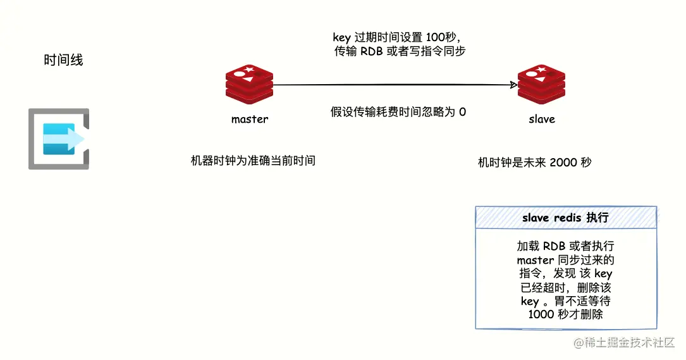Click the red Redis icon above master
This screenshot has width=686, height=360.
tap(249, 85)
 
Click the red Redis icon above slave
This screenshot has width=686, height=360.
tap(541, 85)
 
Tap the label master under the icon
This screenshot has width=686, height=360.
tap(249, 119)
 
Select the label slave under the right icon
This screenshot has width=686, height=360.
tap(541, 119)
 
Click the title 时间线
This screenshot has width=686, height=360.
tap(63, 61)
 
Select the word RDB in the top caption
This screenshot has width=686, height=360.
tap(371, 52)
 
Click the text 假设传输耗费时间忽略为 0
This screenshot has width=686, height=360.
tap(398, 113)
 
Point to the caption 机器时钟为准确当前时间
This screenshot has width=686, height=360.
tap(253, 161)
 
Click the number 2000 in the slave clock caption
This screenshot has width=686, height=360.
tap(563, 163)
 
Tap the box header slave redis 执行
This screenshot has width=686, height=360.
tap(565, 218)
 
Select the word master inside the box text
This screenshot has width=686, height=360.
tap(534, 260)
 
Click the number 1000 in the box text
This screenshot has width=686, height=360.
tap(541, 314)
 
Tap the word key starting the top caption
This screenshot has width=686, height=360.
tap(341, 37)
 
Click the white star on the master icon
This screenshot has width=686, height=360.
tap(249, 69)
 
